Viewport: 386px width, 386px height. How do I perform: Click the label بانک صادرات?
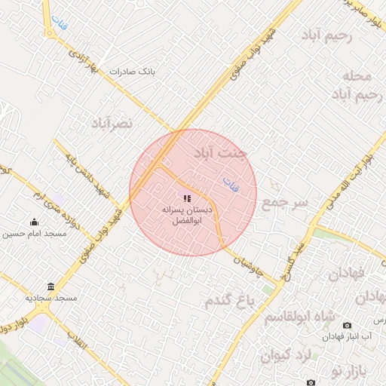[x=131, y=72]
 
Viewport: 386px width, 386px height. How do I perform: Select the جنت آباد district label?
[x=220, y=153]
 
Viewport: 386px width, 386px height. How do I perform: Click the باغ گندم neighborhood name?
[x=231, y=301]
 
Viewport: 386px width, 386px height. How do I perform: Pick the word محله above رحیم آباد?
[x=356, y=76]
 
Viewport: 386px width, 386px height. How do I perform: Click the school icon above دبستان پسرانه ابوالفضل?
[x=187, y=198]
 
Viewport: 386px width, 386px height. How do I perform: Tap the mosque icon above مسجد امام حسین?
[x=34, y=222]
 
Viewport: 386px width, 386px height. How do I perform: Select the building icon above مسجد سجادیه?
[x=51, y=286]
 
